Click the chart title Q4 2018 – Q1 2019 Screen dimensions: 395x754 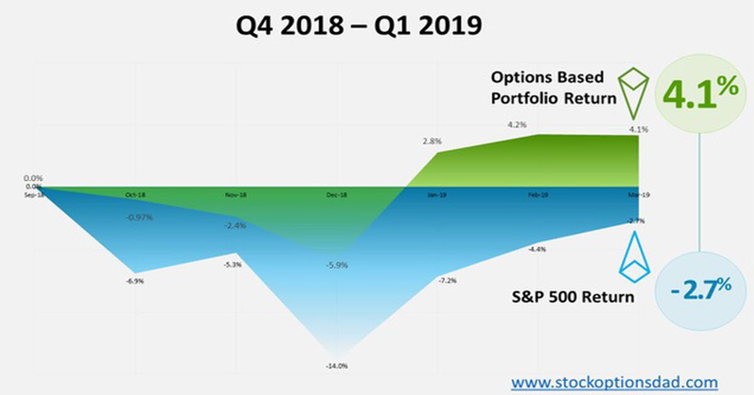tap(359, 27)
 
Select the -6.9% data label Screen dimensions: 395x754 tap(134, 282)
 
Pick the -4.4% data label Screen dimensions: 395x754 tap(537, 249)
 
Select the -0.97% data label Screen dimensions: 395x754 tap(139, 218)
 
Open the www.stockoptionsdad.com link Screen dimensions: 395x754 tap(614, 382)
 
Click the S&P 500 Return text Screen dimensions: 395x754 tap(573, 296)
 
